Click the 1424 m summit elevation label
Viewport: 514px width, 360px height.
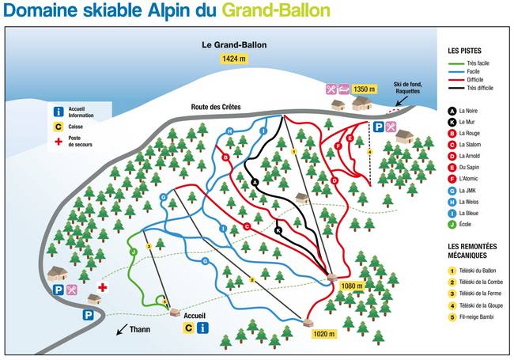[x=234, y=59]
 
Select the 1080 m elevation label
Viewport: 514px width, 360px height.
[x=351, y=286]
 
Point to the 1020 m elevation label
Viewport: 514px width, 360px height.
[x=323, y=334]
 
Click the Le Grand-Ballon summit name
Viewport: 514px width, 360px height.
[x=234, y=45]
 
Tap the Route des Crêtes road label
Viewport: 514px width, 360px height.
[x=215, y=107]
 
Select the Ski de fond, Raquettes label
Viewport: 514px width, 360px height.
[x=408, y=88]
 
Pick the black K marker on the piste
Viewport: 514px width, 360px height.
[x=278, y=229]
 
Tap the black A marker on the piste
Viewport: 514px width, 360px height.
[x=255, y=182]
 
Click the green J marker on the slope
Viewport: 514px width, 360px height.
[x=134, y=251]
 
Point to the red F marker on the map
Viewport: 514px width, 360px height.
[x=338, y=145]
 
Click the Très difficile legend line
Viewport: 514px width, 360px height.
[x=473, y=88]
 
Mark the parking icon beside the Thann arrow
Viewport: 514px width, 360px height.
[x=87, y=315]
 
